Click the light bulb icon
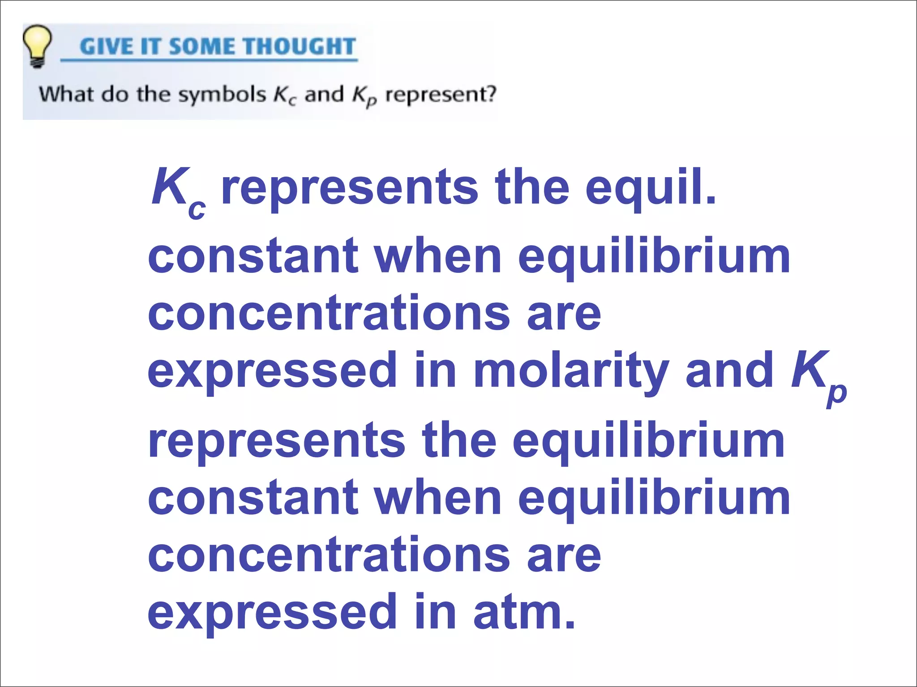tap(37, 46)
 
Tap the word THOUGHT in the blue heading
tap(299, 47)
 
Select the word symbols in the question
tap(222, 95)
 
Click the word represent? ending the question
tap(441, 95)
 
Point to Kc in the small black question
tap(284, 96)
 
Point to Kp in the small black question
tap(364, 96)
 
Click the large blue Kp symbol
tap(818, 375)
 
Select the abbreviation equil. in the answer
tap(651, 188)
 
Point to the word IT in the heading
tap(150, 47)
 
